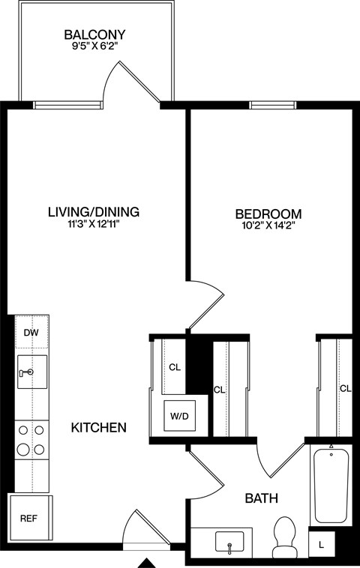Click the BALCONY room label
tap(94, 34)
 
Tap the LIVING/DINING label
tap(94, 212)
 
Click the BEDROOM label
tap(268, 214)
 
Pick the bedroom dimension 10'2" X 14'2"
tap(268, 226)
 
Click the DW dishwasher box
tap(31, 333)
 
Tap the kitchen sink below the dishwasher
tap(31, 372)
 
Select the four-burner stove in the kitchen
tap(31, 440)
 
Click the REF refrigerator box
tap(28, 518)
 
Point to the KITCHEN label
tap(97, 428)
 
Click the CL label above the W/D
tap(175, 367)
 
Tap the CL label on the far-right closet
tap(345, 388)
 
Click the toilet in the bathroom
tap(284, 537)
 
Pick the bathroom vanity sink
tap(228, 541)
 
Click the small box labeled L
tap(321, 543)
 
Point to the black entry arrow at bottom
tap(148, 562)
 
